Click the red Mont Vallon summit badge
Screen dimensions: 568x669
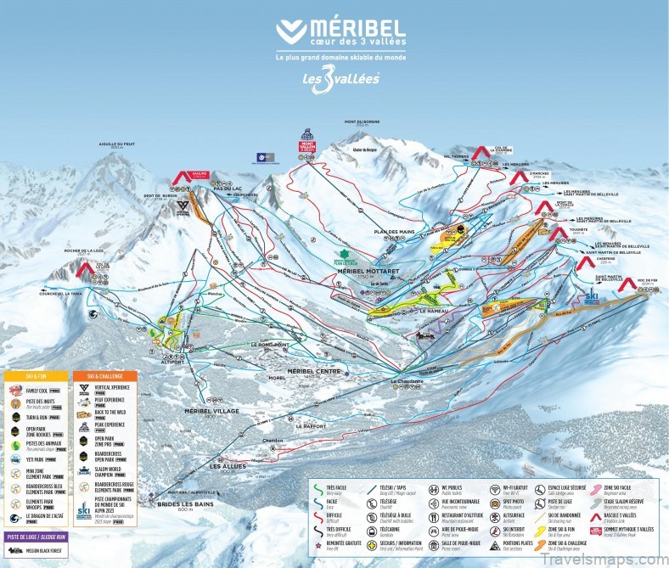pos(307,146)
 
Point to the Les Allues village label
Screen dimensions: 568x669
pos(228,466)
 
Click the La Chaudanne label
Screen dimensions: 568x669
pos(406,381)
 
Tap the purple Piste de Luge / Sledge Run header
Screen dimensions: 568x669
pos(37,537)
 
